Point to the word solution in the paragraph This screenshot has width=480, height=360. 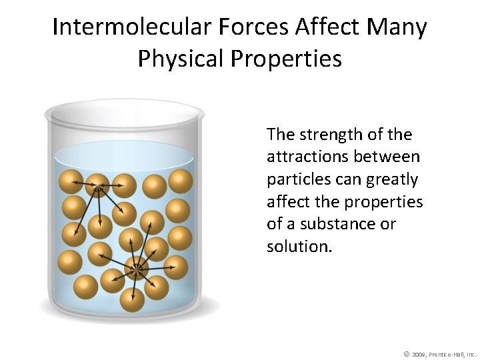[297, 247]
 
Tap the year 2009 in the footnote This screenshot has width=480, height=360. [419, 353]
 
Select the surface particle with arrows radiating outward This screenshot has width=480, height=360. [98, 185]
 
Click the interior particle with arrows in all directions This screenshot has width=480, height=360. [137, 269]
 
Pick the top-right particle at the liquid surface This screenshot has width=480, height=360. [180, 181]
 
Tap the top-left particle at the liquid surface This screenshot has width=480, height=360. [70, 182]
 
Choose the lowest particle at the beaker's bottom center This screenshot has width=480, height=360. [132, 300]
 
